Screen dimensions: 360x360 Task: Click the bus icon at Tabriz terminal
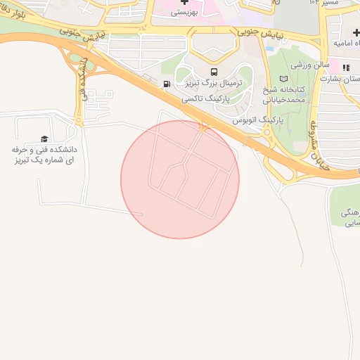click(x=214, y=72)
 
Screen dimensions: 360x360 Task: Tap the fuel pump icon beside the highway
click(x=167, y=84)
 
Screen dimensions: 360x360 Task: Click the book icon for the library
click(x=284, y=79)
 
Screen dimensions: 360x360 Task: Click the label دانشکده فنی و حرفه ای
click(x=44, y=155)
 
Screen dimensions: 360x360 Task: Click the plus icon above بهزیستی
click(x=185, y=2)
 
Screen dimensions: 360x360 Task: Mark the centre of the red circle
click(x=180, y=179)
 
